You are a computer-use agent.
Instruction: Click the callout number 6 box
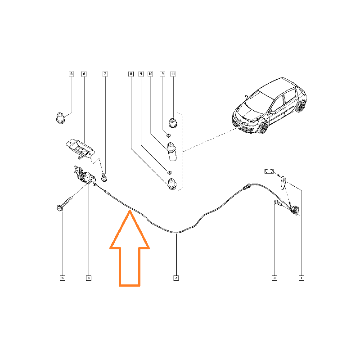point(84,74)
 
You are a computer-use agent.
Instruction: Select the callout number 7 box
point(105,74)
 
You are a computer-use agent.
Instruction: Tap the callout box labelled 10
point(150,74)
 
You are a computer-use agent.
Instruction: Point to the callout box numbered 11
point(173,74)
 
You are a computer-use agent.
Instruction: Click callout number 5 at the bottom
point(63,278)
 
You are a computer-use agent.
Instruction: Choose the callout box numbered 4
point(89,278)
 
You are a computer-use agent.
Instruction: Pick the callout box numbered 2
point(176,278)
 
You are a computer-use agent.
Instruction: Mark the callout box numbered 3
point(274,278)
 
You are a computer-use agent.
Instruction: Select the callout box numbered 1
point(301,278)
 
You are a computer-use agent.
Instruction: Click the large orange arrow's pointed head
point(130,211)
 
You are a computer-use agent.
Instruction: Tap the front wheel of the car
point(263,128)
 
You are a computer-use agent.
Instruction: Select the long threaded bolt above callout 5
point(64,203)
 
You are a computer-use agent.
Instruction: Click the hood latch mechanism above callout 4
point(84,175)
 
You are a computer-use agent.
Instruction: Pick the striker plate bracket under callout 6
point(81,148)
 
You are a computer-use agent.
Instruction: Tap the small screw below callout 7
point(104,178)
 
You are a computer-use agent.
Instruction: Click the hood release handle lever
point(283,183)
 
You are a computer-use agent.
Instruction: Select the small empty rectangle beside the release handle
point(269,171)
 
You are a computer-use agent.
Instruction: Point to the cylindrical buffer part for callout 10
point(171,152)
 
